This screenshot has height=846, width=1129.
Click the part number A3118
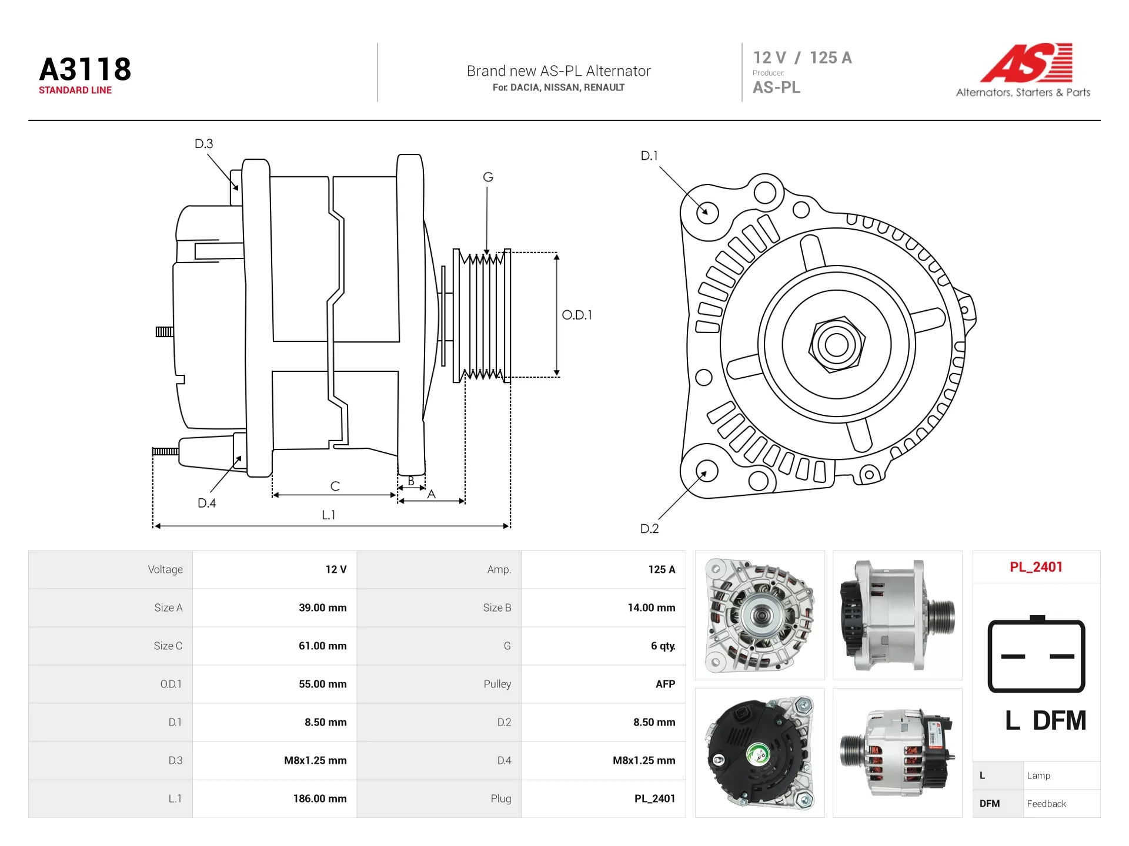(85, 69)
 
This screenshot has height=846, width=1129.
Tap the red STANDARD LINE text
(75, 90)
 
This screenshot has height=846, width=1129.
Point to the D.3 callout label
(204, 144)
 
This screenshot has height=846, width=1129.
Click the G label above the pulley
(488, 177)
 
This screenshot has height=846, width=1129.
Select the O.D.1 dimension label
(577, 315)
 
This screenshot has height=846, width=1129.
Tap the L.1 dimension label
(328, 515)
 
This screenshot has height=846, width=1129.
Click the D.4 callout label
(207, 503)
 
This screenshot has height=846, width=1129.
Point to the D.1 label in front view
(649, 156)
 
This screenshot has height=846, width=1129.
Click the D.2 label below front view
(649, 529)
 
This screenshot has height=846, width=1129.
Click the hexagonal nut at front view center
(837, 345)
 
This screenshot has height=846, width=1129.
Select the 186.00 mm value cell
(320, 798)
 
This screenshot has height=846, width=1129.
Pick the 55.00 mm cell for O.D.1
(323, 684)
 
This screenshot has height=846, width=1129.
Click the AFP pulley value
(665, 684)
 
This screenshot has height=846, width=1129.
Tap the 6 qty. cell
(663, 646)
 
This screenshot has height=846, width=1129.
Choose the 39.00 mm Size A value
(323, 607)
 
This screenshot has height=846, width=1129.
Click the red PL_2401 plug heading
(1036, 567)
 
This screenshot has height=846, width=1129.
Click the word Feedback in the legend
(1046, 804)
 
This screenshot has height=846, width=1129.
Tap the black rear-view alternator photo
(760, 753)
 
